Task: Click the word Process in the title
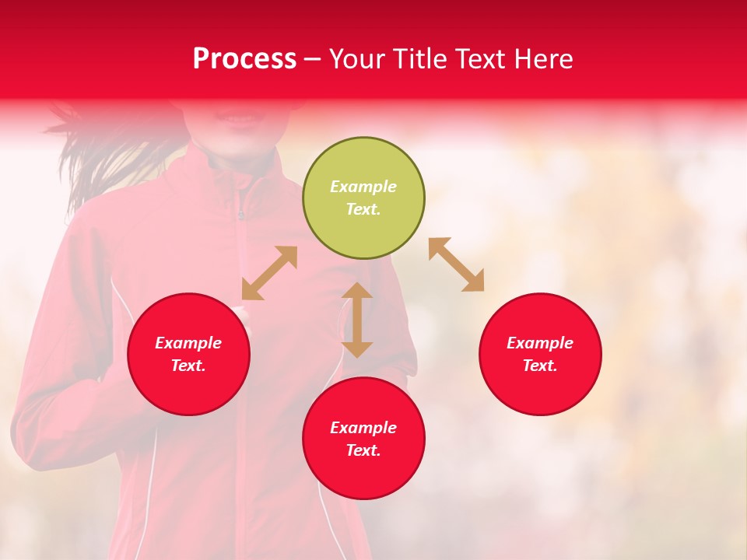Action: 244,59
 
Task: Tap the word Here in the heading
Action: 543,59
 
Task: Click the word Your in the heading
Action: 358,59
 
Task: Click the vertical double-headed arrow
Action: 357,320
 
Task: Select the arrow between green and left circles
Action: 269,273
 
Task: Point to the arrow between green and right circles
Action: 456,264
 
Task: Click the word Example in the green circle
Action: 363,187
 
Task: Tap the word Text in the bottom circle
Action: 362,450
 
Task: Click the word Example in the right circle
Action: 540,343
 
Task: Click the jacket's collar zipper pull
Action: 241,213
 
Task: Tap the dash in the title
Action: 313,60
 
